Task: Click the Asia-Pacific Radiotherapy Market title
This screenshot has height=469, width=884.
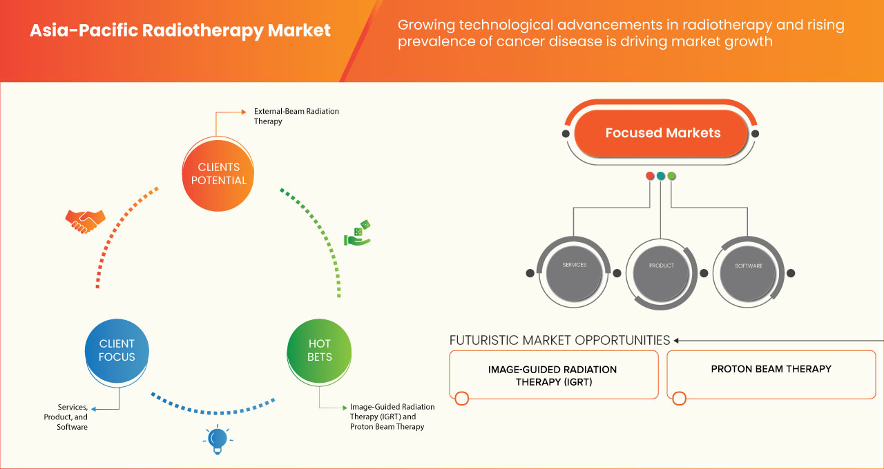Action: [180, 31]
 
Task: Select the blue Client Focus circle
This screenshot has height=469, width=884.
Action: [117, 350]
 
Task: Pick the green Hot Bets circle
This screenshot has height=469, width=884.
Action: [319, 350]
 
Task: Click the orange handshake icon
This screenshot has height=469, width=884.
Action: [85, 221]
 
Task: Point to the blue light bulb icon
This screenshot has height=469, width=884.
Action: [218, 439]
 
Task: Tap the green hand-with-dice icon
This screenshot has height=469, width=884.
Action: [358, 233]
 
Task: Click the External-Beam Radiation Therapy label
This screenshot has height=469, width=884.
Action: [296, 116]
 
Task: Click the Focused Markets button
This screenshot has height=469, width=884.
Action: [662, 133]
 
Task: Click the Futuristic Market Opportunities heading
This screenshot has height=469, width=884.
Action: [559, 340]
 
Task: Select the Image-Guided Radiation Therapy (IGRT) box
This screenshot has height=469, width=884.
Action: [552, 375]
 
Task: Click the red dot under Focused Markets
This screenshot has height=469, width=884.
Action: [650, 176]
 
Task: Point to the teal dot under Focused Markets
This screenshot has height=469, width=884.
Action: [661, 176]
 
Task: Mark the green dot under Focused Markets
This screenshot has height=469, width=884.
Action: [671, 176]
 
